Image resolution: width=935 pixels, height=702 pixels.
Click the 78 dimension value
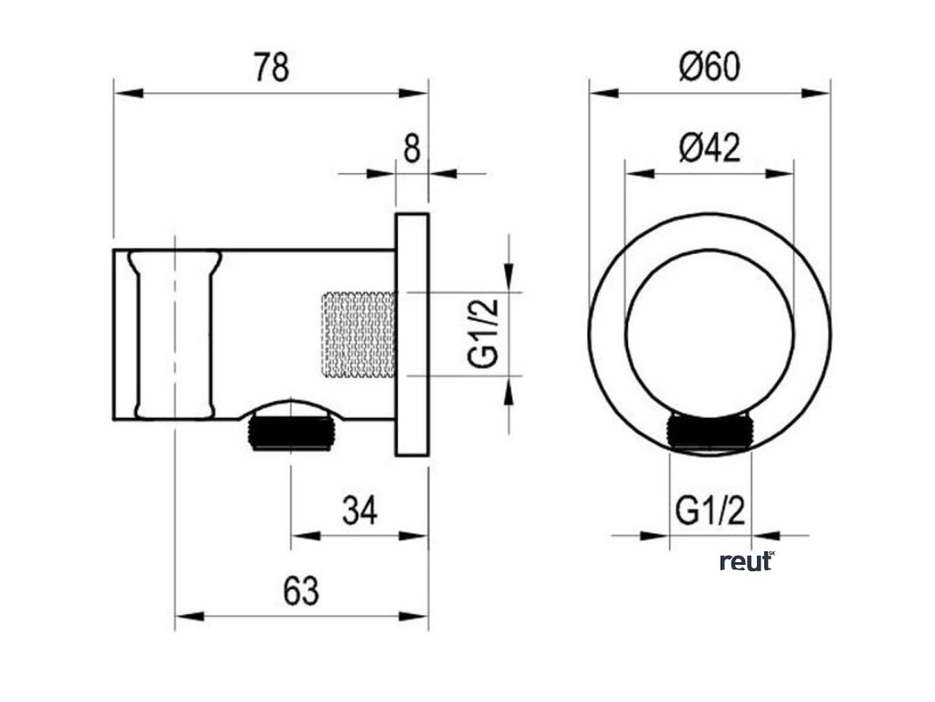coord(270,67)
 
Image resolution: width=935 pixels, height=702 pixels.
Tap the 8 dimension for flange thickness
coord(412,147)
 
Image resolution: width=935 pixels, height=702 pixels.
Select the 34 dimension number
coord(360,511)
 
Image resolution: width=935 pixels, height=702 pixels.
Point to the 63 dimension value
coord(301,591)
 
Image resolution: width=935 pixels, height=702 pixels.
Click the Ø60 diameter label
coord(709,67)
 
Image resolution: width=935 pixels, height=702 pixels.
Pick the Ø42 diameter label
coord(709,147)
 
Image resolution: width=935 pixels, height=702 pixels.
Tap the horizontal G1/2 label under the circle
coord(710,511)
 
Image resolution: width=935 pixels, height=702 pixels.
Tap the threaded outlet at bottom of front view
coord(710,431)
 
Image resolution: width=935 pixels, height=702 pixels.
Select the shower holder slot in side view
coord(175,334)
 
